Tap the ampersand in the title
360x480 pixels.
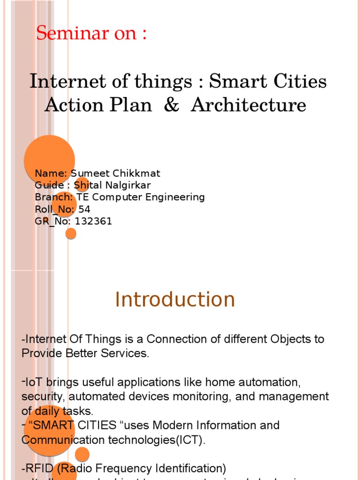pos(172,105)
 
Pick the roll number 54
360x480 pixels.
pos(84,209)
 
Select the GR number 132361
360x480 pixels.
pos(94,221)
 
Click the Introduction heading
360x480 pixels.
pos(175,300)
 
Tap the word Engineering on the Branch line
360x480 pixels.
pos(178,197)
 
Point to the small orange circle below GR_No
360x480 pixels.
pos(71,233)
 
